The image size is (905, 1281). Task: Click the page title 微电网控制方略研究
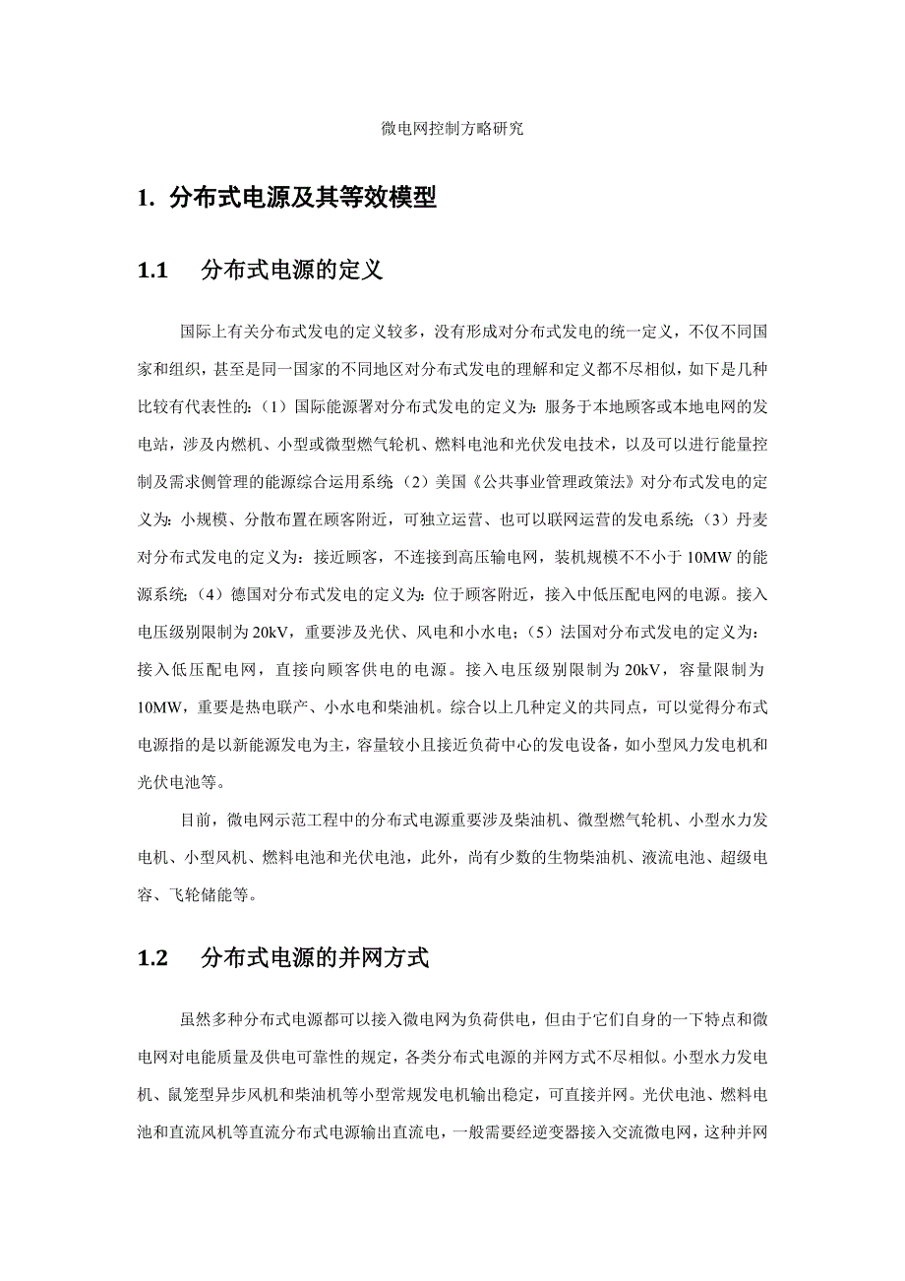click(x=452, y=129)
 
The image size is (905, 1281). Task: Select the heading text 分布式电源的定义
click(x=291, y=271)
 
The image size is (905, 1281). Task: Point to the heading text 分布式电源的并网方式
click(x=314, y=957)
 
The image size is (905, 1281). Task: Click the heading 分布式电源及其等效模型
click(x=302, y=198)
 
